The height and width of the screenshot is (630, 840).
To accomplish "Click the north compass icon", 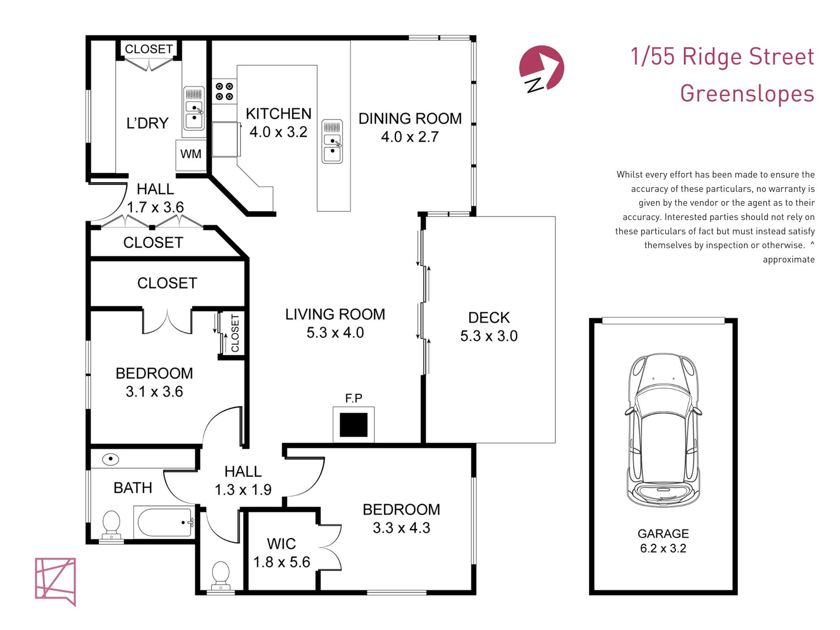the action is (541, 68).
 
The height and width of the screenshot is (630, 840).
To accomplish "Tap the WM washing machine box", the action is (191, 155).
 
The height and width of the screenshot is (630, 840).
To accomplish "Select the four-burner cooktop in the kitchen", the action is (224, 92).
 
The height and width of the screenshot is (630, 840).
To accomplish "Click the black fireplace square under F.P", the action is (354, 425).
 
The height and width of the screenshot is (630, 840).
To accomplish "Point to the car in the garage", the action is (663, 430).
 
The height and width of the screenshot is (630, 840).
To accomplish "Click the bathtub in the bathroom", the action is (164, 522).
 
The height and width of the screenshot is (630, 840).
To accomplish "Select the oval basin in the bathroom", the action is (110, 459).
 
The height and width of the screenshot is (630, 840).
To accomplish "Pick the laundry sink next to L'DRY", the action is (194, 108).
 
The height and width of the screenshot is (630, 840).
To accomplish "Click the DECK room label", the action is (489, 318).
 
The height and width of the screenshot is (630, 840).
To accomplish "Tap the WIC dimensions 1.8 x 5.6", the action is (281, 562).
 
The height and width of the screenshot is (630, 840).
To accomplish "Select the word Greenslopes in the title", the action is (747, 94).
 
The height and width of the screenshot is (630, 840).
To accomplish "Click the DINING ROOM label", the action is (410, 119).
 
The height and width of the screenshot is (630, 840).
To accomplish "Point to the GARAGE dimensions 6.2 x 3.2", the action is (663, 548).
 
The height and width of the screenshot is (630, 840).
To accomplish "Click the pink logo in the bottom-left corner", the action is (55, 581).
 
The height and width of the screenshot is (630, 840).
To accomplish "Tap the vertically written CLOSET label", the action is (235, 333).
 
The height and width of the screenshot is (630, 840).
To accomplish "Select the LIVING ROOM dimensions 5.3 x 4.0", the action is (335, 333).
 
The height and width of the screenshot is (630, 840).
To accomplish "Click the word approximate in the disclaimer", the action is (789, 260).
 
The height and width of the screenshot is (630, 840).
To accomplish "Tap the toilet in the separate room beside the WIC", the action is (221, 575).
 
